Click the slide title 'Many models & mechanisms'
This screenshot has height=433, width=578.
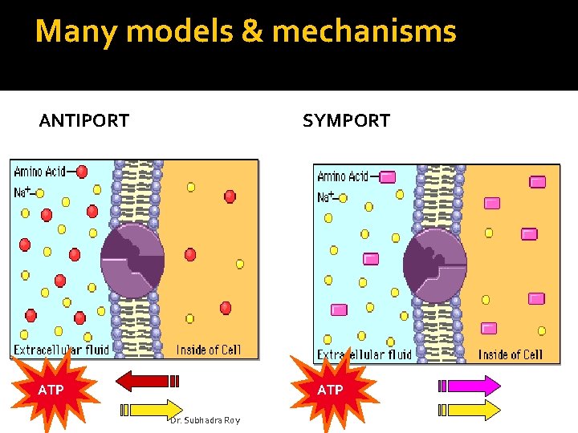246,32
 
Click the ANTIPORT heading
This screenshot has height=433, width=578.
84,121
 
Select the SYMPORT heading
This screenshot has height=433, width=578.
346,121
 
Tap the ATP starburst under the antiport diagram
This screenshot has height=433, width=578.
51,391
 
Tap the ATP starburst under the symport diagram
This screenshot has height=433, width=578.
330,390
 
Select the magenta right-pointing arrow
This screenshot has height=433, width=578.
470,386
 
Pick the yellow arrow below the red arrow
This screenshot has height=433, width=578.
152,409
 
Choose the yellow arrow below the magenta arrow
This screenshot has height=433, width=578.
470,410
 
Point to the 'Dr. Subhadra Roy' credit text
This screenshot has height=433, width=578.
205,420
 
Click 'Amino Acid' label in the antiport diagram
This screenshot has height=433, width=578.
40,172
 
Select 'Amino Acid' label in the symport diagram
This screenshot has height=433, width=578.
343,176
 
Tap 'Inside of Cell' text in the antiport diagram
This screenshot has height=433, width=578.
208,350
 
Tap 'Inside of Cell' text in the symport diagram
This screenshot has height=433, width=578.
511,354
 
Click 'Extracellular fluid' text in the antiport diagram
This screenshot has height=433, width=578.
61,350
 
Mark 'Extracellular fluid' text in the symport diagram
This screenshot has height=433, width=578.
364,354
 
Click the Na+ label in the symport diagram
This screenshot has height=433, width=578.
326,196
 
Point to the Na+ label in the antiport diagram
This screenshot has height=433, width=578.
22,192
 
